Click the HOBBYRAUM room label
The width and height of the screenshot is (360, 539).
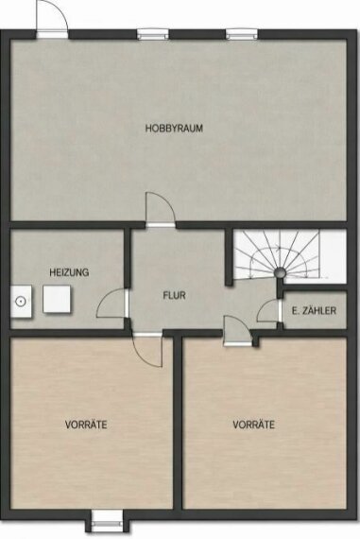pyautogui.click(x=174, y=129)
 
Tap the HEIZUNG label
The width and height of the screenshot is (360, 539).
pyautogui.click(x=69, y=272)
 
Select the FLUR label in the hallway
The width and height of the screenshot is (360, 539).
pyautogui.click(x=174, y=295)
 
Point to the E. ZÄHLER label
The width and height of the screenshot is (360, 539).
pyautogui.click(x=314, y=311)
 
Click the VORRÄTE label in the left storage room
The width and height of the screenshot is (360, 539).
pyautogui.click(x=86, y=425)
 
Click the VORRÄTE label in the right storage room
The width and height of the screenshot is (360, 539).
pyautogui.click(x=253, y=425)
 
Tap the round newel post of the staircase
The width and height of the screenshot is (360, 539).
pyautogui.click(x=280, y=273)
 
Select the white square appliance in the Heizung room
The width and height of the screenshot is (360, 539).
pyautogui.click(x=57, y=299)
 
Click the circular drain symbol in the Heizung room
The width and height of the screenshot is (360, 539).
pyautogui.click(x=21, y=302)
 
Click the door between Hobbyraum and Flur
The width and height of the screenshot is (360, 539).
pyautogui.click(x=161, y=210)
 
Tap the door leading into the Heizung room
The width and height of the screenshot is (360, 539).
pyautogui.click(x=113, y=303)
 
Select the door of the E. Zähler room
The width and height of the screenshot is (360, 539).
pyautogui.click(x=269, y=311)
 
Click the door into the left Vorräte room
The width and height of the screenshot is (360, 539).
pyautogui.click(x=147, y=350)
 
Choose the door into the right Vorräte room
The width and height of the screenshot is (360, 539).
pyautogui.click(x=237, y=331)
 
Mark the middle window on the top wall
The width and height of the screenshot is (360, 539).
pyautogui.click(x=153, y=34)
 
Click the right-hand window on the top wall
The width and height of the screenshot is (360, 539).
pyautogui.click(x=242, y=34)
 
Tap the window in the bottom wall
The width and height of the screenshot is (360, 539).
pyautogui.click(x=107, y=521)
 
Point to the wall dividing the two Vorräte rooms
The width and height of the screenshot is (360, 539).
pyautogui.click(x=178, y=423)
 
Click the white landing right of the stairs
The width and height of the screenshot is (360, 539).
pyautogui.click(x=333, y=257)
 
